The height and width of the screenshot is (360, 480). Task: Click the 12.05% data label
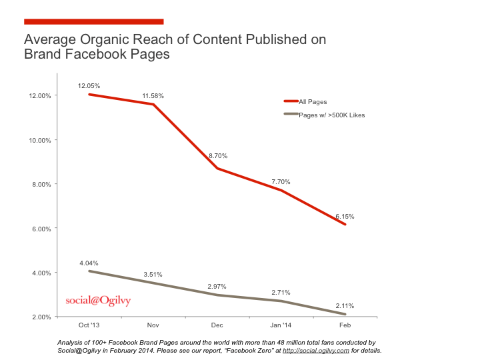click(x=89, y=86)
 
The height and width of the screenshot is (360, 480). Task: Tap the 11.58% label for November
click(x=153, y=96)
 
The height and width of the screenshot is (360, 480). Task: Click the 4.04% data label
click(x=89, y=263)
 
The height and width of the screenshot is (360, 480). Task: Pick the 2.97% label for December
click(x=217, y=287)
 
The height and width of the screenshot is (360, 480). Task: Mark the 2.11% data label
click(x=344, y=306)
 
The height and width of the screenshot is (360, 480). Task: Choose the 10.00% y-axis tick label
click(x=39, y=140)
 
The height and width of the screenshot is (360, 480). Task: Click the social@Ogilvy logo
click(x=98, y=300)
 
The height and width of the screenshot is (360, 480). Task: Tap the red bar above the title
click(x=93, y=21)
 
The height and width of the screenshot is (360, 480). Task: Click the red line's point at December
click(x=217, y=169)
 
